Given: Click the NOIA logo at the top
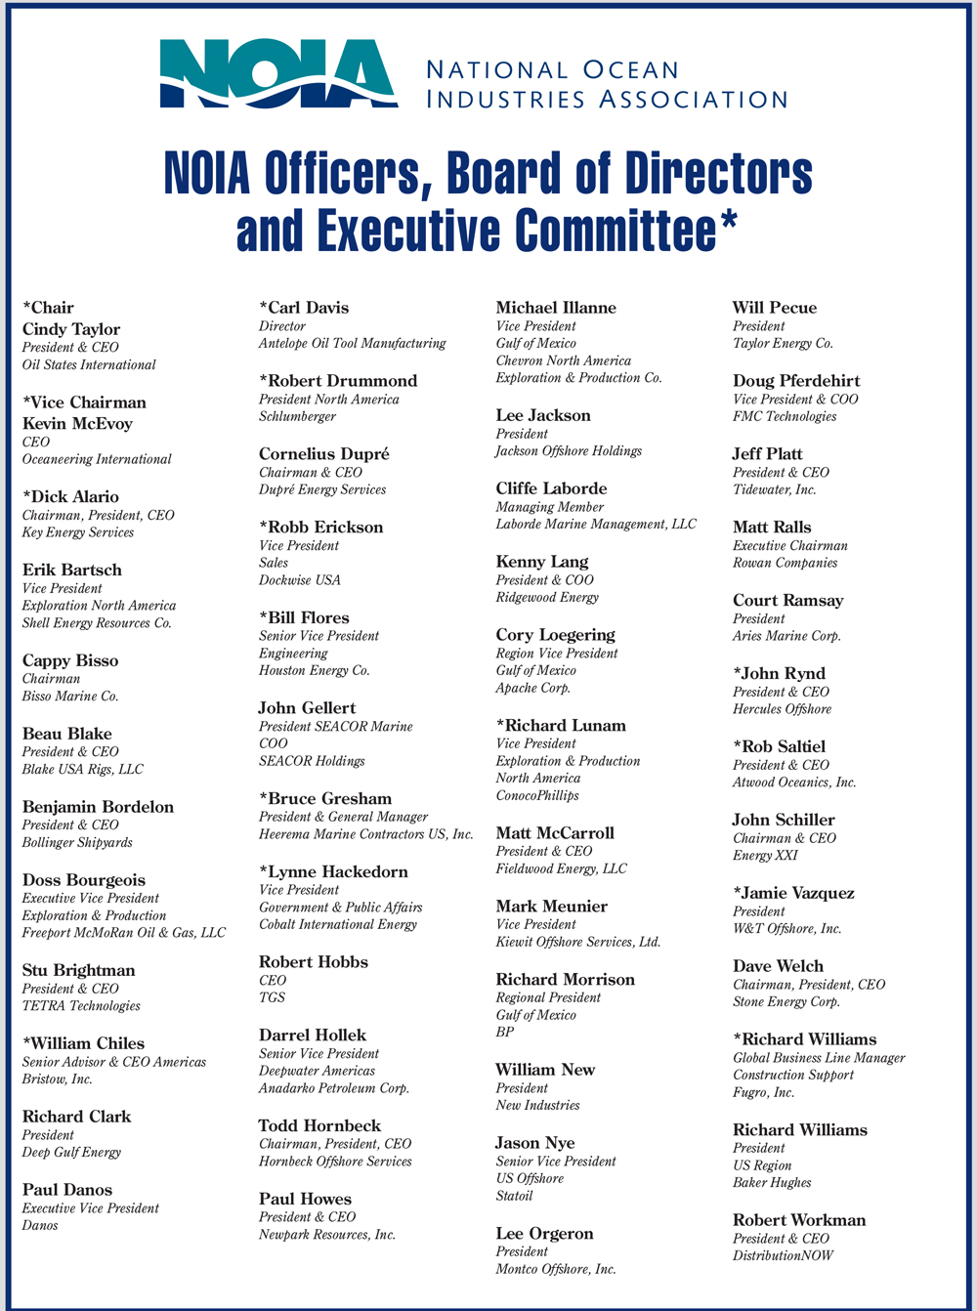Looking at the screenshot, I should click(278, 74).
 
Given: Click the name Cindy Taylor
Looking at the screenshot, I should click(71, 329).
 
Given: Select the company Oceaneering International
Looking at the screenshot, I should click(97, 459).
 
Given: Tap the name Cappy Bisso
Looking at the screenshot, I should click(70, 660).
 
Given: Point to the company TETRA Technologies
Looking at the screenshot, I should click(81, 1006).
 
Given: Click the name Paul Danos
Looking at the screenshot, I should click(67, 1190).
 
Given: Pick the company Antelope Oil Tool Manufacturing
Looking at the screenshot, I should click(352, 344).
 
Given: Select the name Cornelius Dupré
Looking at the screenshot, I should click(324, 453).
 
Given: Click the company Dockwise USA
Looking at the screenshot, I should click(300, 580).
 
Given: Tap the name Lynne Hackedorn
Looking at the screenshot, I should click(338, 871).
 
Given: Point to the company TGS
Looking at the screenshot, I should click(273, 997).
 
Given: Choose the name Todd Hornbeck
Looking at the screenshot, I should click(319, 1125).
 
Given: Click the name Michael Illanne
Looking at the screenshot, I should click(556, 308).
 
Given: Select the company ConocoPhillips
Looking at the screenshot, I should click(537, 796).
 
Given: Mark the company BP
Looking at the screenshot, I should click(505, 1032).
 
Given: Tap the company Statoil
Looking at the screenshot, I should click(515, 1196).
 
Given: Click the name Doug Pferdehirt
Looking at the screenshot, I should click(795, 381).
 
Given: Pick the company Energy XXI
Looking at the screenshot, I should click(766, 856).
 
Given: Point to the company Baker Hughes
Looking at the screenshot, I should click(772, 1183).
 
